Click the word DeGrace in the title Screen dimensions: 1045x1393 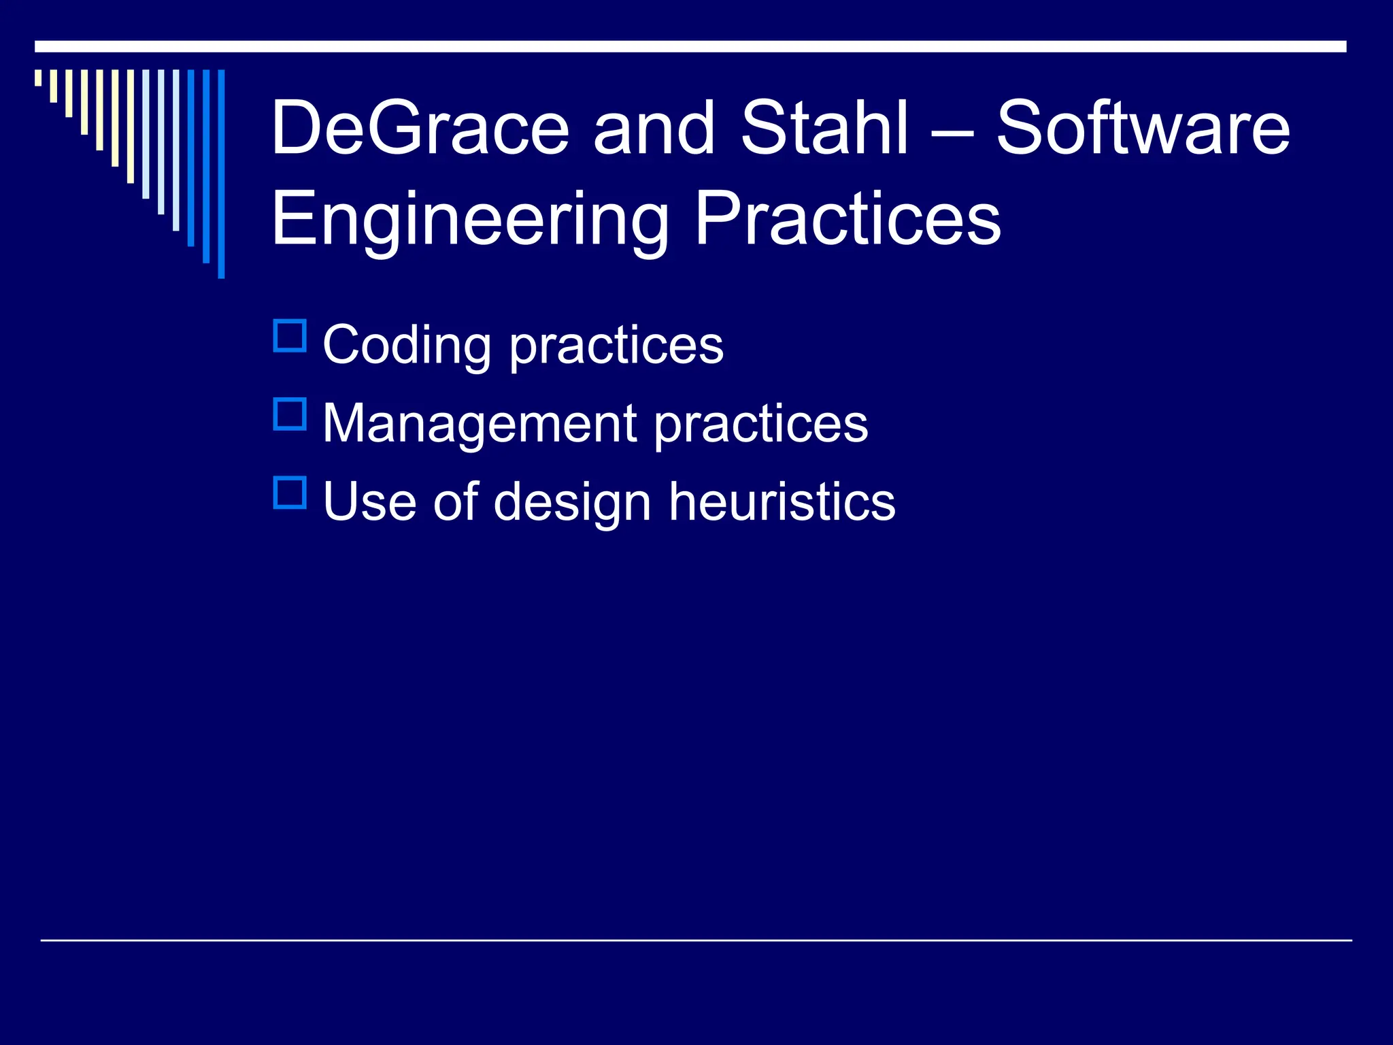[420, 128]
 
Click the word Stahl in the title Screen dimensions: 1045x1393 [824, 128]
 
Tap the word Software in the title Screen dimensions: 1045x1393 [1143, 128]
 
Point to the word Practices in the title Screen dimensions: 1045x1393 [847, 219]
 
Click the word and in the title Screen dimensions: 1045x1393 [654, 128]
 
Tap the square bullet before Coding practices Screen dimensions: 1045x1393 [290, 335]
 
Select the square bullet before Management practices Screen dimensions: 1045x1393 [290, 414]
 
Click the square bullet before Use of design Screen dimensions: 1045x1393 [290, 493]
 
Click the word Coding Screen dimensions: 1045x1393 [406, 346]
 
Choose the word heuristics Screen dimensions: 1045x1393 [782, 501]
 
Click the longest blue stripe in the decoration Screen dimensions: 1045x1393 [221, 173]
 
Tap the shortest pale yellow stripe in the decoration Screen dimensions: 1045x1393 [38, 78]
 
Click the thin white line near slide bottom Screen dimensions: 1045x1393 [696, 940]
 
